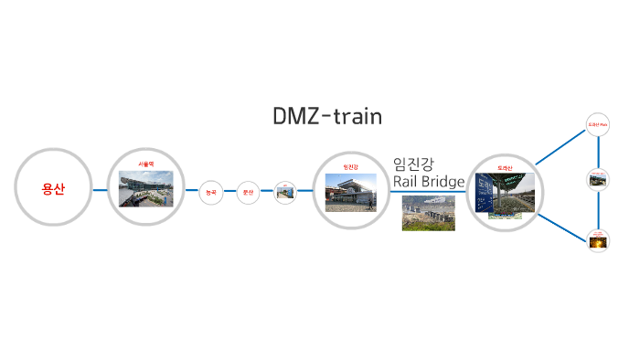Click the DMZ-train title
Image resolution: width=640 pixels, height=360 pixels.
pos(327,117)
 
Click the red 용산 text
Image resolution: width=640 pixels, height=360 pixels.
pos(53,190)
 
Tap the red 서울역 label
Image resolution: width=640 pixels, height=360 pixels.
pos(145,164)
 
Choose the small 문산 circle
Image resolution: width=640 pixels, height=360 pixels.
pos(248,192)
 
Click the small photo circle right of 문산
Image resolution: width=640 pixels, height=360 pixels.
pos(285,192)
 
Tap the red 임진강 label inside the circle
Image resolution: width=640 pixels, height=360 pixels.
pos(350,166)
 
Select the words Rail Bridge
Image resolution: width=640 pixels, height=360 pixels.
pos(429,182)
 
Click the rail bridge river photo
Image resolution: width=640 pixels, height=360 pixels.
pos(428,214)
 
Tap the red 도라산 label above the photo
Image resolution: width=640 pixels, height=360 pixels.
pos(506,167)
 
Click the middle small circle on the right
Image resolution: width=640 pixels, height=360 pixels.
pos(598,179)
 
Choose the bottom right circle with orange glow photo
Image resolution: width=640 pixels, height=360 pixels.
pos(598,240)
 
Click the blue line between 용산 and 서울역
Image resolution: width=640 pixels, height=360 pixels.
pos(100,191)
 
